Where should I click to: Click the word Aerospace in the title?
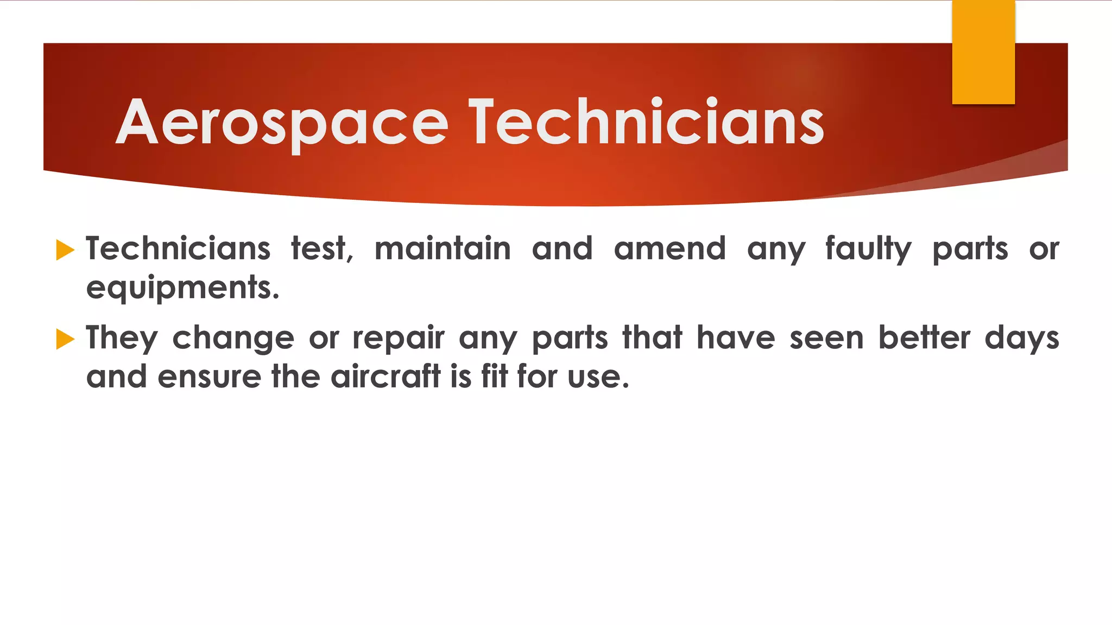pyautogui.click(x=282, y=123)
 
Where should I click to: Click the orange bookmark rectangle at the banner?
pyautogui.click(x=983, y=52)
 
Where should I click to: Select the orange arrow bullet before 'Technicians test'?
pyautogui.click(x=65, y=250)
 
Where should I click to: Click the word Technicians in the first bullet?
pyautogui.click(x=178, y=249)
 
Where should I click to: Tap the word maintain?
pyautogui.click(x=443, y=249)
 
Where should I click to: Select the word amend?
pyautogui.click(x=669, y=249)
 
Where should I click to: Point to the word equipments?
pyautogui.click(x=182, y=288)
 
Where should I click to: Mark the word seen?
pyautogui.click(x=826, y=338)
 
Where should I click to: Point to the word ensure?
pyautogui.click(x=210, y=377)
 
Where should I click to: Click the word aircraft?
pyautogui.click(x=386, y=377)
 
